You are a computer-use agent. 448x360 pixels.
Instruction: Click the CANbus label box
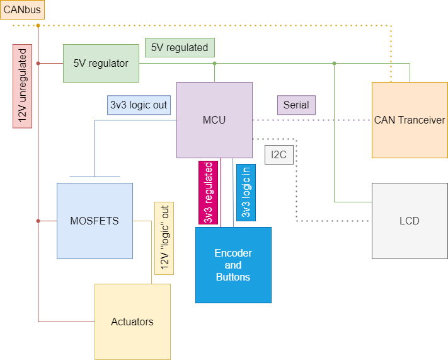(x=22, y=9)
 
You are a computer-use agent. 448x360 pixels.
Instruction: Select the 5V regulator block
(x=101, y=63)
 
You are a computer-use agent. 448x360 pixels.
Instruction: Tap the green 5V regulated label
(x=180, y=47)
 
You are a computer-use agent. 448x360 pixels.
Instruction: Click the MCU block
(x=214, y=120)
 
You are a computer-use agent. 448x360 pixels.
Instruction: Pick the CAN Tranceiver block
(x=410, y=120)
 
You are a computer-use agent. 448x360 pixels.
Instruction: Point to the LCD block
(x=410, y=221)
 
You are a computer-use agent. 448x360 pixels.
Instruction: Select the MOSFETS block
(x=95, y=221)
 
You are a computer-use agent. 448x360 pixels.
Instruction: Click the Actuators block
(x=132, y=322)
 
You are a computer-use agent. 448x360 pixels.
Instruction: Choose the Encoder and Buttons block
(x=233, y=265)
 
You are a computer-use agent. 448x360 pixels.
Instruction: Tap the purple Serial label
(x=296, y=105)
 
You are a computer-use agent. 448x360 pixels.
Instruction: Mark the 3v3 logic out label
(x=139, y=105)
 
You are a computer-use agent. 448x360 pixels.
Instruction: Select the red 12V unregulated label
(x=22, y=85)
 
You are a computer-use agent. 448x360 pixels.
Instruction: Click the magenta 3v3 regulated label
(x=208, y=192)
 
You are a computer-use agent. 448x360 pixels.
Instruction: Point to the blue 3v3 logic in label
(x=246, y=192)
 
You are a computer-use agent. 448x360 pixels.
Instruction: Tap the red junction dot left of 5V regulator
(x=38, y=63)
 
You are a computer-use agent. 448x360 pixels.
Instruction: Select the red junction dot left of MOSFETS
(x=38, y=221)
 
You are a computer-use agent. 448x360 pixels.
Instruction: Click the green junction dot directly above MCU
(x=214, y=63)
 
